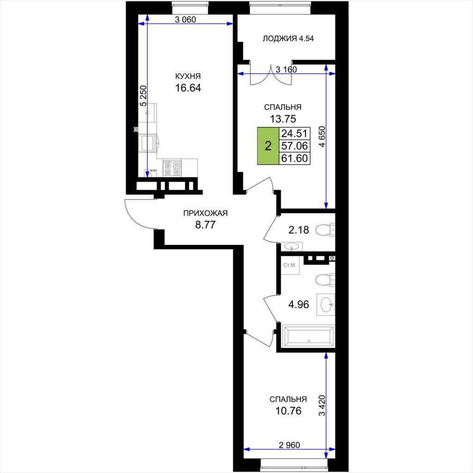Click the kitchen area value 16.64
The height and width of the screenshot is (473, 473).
click(x=188, y=88)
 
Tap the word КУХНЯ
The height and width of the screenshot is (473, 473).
click(x=188, y=76)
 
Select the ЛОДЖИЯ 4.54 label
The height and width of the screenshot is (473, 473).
click(x=288, y=38)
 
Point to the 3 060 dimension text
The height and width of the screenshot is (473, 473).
click(x=186, y=19)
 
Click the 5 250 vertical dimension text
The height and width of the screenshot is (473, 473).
click(x=144, y=96)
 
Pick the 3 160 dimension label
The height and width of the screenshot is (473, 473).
click(x=286, y=69)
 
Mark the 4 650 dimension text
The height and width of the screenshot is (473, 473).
click(x=322, y=136)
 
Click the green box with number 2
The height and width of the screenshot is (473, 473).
click(x=268, y=146)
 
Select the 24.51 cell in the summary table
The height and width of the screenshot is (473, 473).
click(x=294, y=133)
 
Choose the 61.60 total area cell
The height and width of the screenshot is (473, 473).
click(x=294, y=158)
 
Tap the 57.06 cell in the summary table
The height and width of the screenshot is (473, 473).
click(x=294, y=146)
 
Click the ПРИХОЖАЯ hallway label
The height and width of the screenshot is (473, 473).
click(x=206, y=213)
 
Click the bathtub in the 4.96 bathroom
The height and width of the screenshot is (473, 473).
click(x=308, y=336)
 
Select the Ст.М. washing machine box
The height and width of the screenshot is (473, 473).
click(x=290, y=266)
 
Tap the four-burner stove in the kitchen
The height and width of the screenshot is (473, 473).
click(x=172, y=168)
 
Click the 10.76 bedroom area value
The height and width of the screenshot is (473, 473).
click(x=288, y=411)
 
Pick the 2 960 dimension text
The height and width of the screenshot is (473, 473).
click(x=289, y=445)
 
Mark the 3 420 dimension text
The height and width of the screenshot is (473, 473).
click(x=322, y=406)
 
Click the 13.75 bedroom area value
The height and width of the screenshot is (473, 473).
click(x=283, y=119)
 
